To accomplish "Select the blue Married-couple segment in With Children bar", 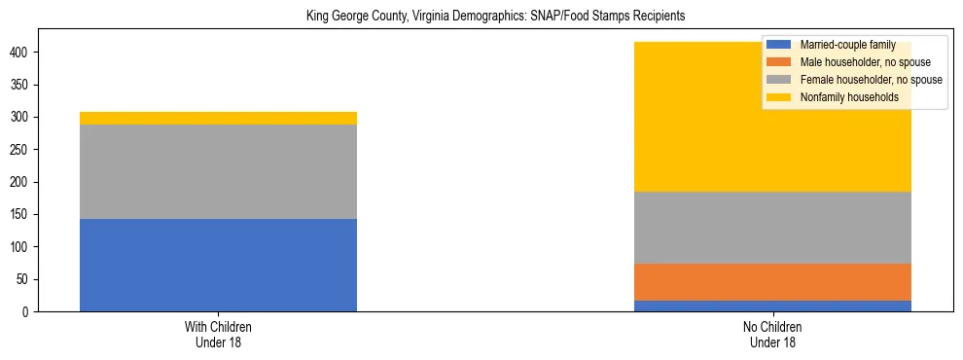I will (x=218, y=265).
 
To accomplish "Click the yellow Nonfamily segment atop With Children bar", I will (x=218, y=118).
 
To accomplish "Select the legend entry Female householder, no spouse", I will (x=870, y=80).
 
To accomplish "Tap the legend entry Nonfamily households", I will (x=842, y=97).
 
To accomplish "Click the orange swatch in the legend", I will (x=779, y=62).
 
